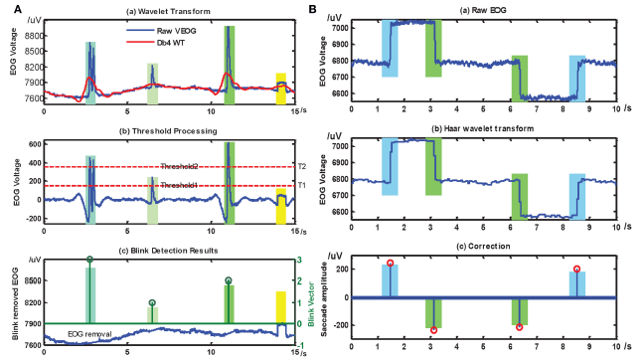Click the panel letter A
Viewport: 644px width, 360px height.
(x=9, y=8)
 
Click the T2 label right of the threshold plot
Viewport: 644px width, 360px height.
(x=301, y=166)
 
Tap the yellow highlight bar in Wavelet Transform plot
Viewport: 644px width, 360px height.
(x=281, y=89)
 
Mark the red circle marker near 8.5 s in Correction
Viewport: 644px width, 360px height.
(x=577, y=270)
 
